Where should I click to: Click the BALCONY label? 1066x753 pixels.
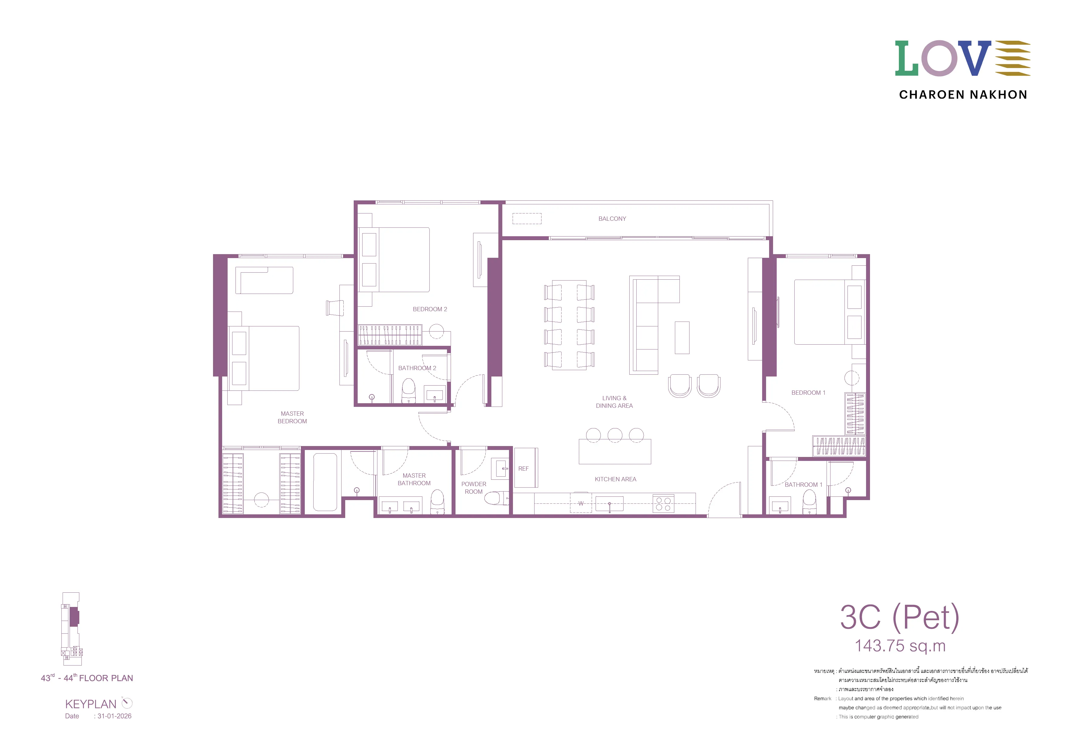(x=612, y=219)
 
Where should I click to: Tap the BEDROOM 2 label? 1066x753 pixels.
(x=430, y=309)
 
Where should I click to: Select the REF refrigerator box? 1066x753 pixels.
(x=526, y=468)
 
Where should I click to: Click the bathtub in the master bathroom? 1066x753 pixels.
(x=325, y=482)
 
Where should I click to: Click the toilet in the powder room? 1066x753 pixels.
(x=495, y=498)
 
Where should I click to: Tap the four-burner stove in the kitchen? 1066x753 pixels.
(x=663, y=504)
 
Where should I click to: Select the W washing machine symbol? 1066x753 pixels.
(x=581, y=503)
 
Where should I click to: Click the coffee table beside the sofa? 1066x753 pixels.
(x=682, y=338)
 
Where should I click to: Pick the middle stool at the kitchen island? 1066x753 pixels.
(x=615, y=435)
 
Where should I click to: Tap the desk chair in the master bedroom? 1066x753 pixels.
(x=335, y=308)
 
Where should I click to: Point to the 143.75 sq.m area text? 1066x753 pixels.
(x=900, y=646)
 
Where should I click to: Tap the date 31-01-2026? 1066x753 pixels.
(x=114, y=716)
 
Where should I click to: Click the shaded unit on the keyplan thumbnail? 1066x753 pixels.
(x=74, y=617)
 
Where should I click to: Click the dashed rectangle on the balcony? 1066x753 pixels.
(x=527, y=219)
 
